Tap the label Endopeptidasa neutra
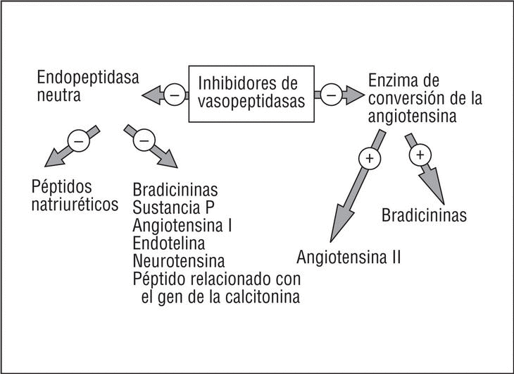[x=80, y=85]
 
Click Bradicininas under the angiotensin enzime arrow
[x=424, y=215]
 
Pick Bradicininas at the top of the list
[x=175, y=191]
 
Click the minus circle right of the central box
[x=332, y=92]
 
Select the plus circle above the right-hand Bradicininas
[x=420, y=153]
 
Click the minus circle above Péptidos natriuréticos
[x=78, y=141]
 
